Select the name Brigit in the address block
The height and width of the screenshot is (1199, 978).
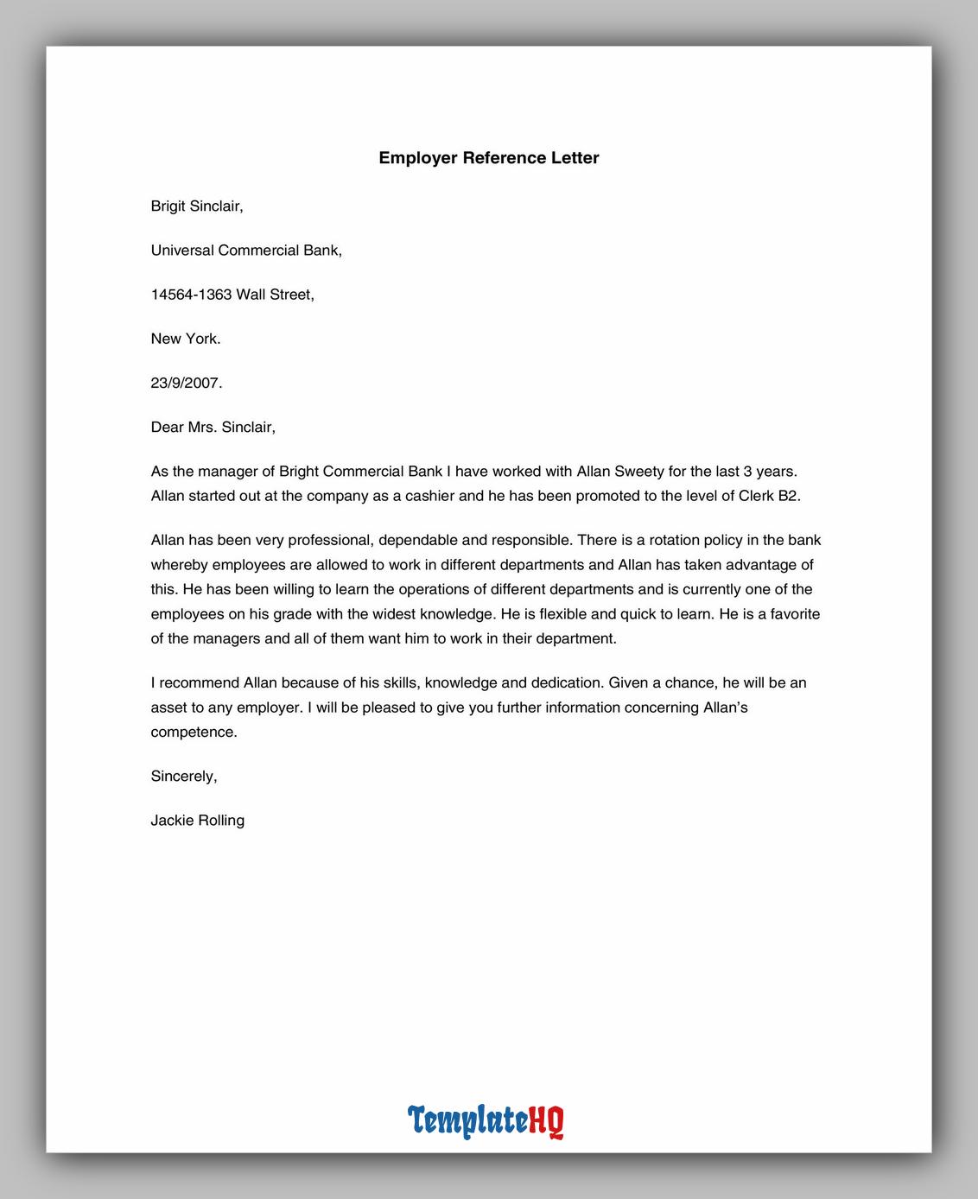168,206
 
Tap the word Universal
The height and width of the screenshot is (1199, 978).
182,251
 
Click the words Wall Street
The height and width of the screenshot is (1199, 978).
275,295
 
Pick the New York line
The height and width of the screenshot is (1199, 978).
186,339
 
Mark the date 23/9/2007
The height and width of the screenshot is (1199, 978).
187,383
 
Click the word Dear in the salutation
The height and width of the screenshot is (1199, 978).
167,427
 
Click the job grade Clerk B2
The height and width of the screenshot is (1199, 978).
769,496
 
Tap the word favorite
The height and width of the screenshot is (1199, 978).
790,614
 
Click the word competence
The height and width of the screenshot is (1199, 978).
194,733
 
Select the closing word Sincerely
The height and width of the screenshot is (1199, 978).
183,777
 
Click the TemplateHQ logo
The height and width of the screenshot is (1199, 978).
486,1120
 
